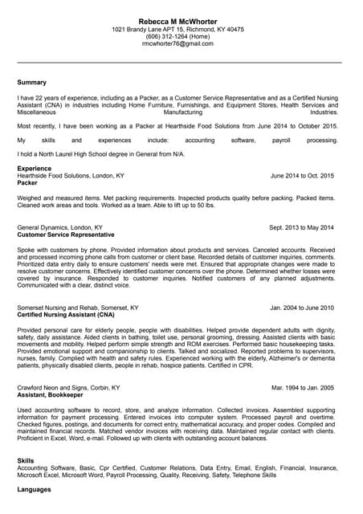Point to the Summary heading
[x=32, y=82]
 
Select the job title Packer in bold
[x=27, y=182]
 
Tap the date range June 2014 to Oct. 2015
[x=302, y=175]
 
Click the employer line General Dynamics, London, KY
[x=59, y=227]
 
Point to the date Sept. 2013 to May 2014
[x=301, y=227]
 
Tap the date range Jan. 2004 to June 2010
[x=302, y=308]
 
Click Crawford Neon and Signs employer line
[x=68, y=387]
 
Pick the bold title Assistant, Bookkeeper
[x=49, y=394]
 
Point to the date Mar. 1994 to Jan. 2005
[x=303, y=387]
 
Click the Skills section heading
[x=26, y=460]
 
